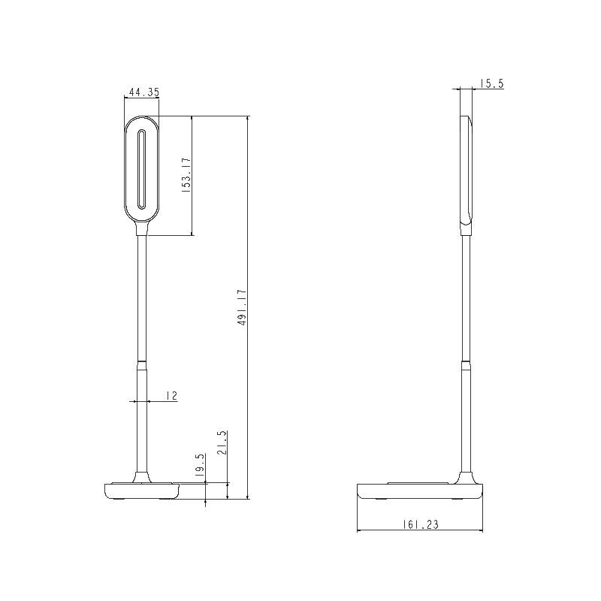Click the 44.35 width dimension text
point(144,92)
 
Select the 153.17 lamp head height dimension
point(186,176)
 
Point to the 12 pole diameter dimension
point(171,395)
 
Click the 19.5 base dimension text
point(200,466)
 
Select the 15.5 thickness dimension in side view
point(491,83)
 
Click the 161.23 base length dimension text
point(418,525)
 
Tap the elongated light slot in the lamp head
point(141,169)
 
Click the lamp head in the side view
point(467,170)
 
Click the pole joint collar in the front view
point(141,364)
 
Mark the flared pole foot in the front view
point(141,477)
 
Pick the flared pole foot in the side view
point(467,477)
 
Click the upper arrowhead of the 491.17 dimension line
point(248,119)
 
